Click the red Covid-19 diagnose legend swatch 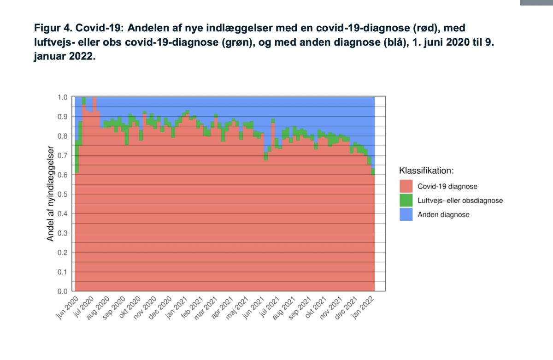point(406,186)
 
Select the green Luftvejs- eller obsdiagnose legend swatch point(406,201)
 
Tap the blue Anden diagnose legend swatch point(406,214)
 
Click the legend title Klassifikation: point(426,171)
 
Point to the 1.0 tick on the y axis point(62,97)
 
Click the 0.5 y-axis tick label point(62,194)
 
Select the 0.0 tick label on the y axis point(62,291)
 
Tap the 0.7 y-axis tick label point(62,155)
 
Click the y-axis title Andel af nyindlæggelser point(51,194)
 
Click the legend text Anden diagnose point(443,214)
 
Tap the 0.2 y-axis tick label point(62,253)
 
